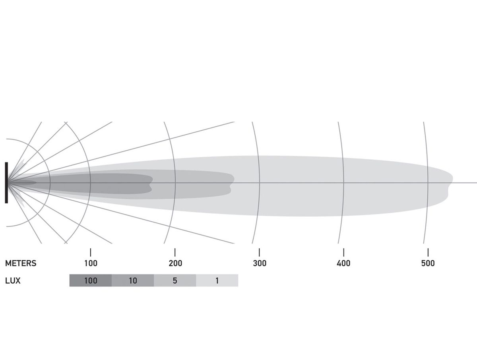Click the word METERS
(x=21, y=263)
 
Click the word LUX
(x=13, y=281)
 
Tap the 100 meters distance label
(x=91, y=263)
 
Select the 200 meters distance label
(x=175, y=263)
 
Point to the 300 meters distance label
(x=260, y=263)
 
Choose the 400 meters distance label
(x=343, y=263)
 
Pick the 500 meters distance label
(x=428, y=263)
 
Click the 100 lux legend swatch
(x=91, y=281)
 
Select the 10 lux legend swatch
(x=133, y=281)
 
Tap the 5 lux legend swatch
(x=175, y=281)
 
